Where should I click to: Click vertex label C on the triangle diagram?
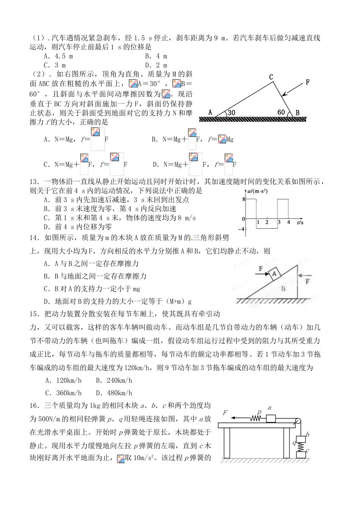tap(271, 77)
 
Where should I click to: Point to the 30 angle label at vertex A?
tap(232, 113)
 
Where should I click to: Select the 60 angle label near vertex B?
tap(281, 112)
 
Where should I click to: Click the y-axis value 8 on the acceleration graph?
tap(242, 199)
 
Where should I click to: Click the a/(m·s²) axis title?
tap(257, 191)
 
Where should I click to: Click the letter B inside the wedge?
tap(283, 289)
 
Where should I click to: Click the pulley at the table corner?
tap(298, 421)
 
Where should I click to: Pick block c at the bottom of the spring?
tap(301, 454)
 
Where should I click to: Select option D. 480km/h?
tap(114, 393)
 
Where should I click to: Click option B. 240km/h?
tap(114, 380)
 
